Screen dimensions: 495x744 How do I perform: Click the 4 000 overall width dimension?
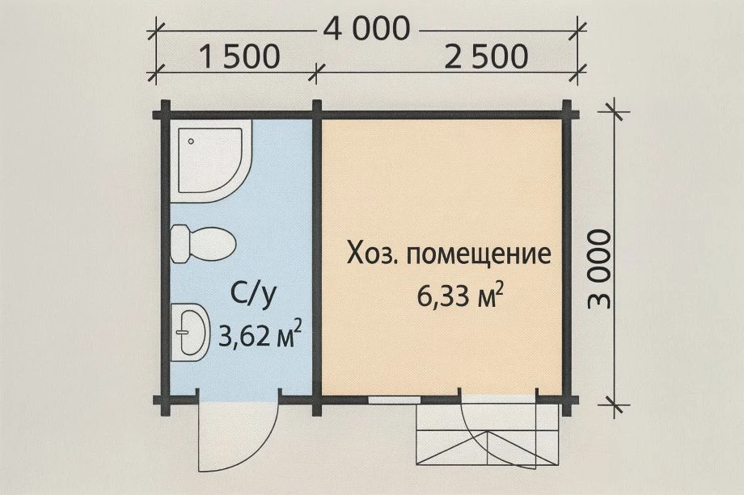click(x=366, y=29)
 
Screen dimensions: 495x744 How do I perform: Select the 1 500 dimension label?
click(x=239, y=57)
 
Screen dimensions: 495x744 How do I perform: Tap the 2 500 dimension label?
click(x=485, y=57)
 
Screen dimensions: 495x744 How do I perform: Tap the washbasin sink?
click(x=189, y=331)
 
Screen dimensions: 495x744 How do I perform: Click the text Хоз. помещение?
click(x=449, y=254)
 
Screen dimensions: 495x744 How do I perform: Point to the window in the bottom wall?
click(x=394, y=399)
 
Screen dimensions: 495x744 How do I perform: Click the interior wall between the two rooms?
click(x=317, y=258)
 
